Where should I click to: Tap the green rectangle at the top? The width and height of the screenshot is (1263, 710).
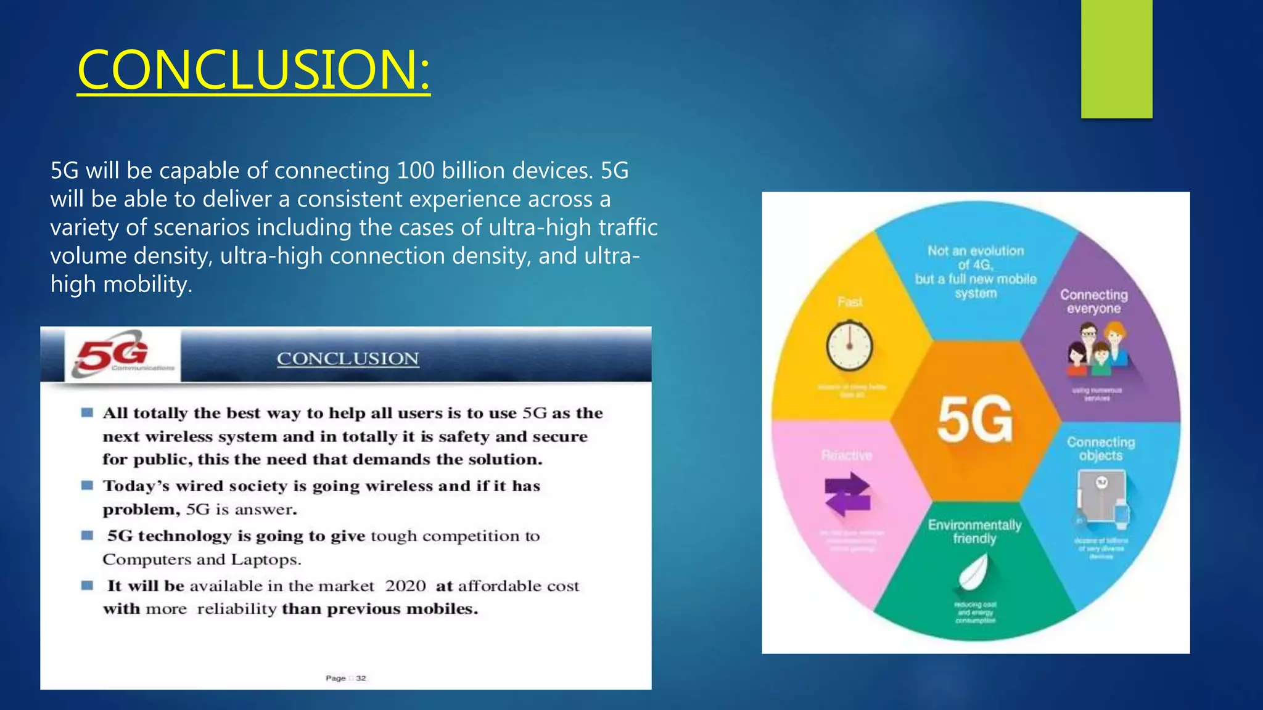[1116, 59]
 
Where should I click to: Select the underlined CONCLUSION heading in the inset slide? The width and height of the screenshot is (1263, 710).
[348, 359]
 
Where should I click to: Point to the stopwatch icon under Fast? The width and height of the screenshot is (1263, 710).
[849, 345]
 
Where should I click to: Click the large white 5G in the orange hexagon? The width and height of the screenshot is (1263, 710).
[975, 420]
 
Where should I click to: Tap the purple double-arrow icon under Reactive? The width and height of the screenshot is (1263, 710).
[847, 493]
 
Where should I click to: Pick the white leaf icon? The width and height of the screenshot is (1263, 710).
[974, 572]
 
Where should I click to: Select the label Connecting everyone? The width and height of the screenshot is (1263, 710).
[1094, 301]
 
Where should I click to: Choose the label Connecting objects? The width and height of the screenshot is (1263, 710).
[1101, 449]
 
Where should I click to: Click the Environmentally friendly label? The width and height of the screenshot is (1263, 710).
[974, 531]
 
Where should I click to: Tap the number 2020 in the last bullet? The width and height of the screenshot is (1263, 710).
[405, 586]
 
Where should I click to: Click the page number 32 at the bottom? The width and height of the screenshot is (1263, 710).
[361, 678]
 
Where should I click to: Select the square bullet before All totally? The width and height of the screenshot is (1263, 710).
[87, 412]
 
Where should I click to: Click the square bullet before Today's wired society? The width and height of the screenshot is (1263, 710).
[87, 486]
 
